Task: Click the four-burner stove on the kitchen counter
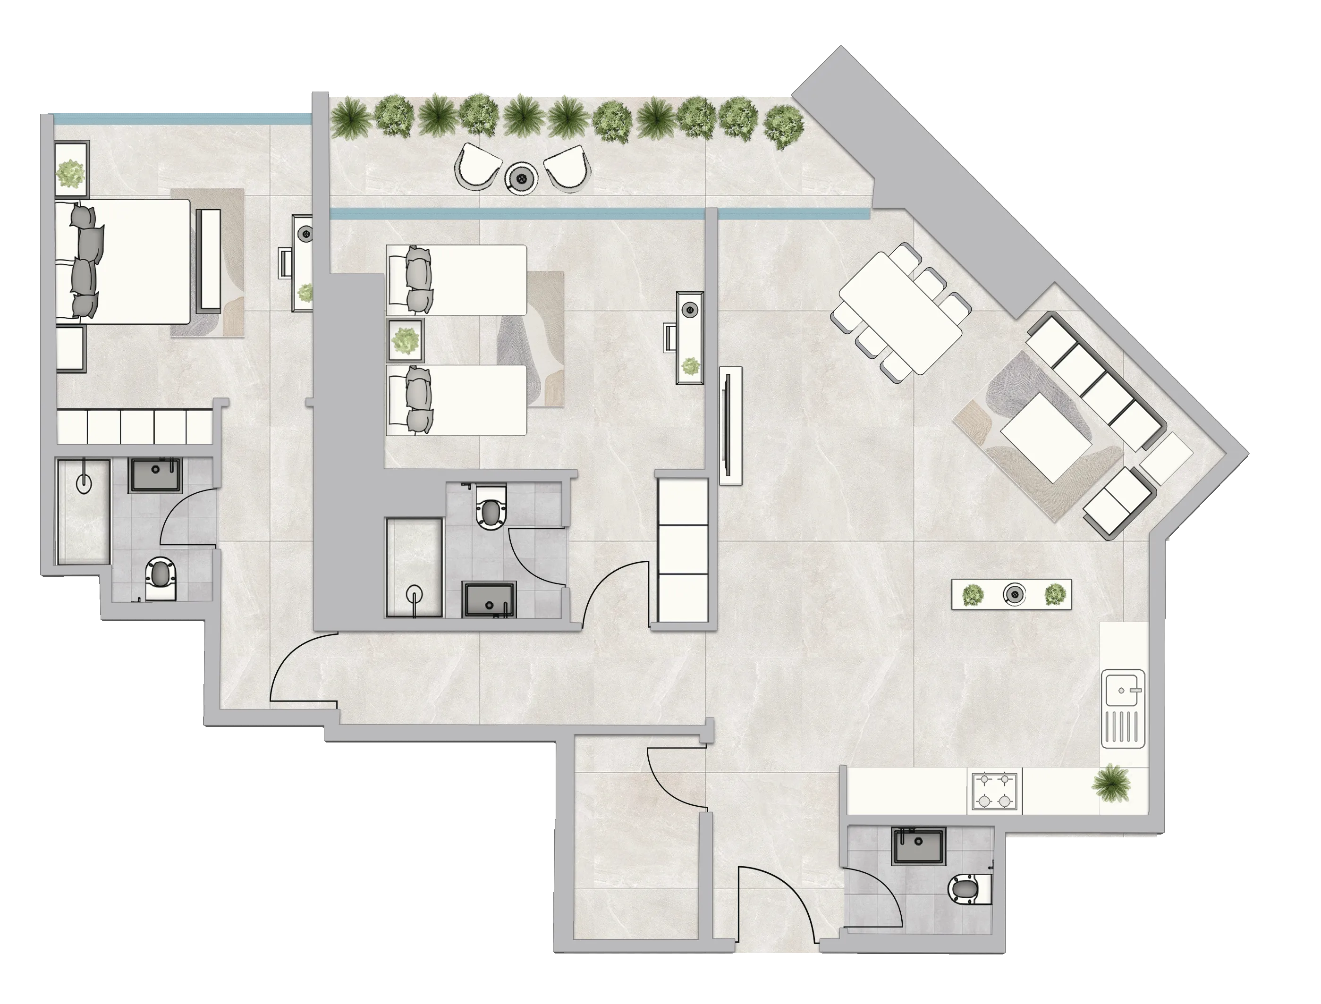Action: pos(993,791)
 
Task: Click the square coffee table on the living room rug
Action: pos(1044,436)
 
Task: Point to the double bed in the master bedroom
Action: pos(128,262)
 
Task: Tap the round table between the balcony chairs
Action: pos(523,177)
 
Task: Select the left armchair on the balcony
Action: pos(479,166)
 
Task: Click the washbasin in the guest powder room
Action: pos(918,847)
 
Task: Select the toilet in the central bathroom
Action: pos(491,508)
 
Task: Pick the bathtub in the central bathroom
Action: pos(414,567)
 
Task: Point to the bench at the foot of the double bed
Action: pos(209,259)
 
